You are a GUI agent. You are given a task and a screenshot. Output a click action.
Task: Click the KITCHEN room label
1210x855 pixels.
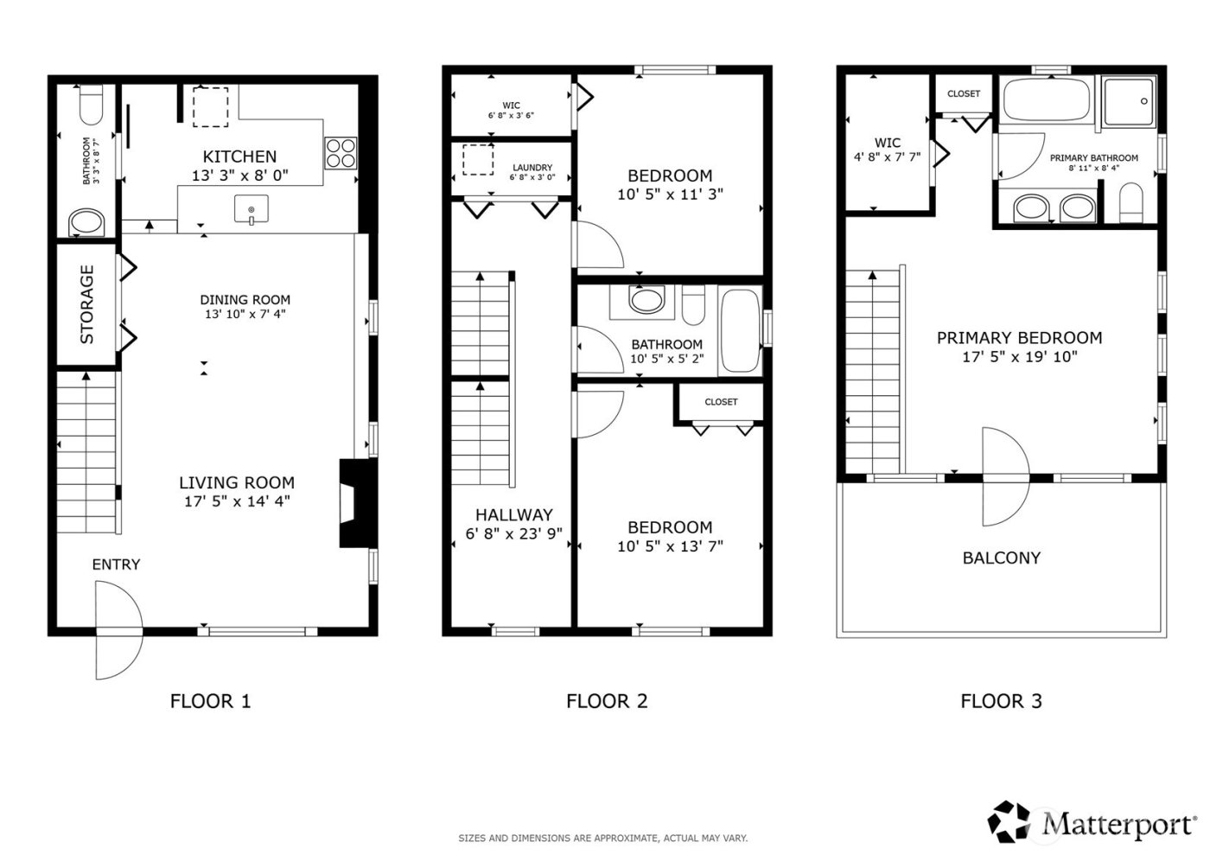pyautogui.click(x=239, y=156)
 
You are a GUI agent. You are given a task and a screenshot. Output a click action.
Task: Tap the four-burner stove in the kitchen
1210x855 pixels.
pyautogui.click(x=341, y=153)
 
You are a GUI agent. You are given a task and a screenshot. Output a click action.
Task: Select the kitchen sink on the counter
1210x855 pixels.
pyautogui.click(x=251, y=209)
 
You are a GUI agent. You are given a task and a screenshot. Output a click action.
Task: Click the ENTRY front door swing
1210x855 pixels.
pyautogui.click(x=117, y=629)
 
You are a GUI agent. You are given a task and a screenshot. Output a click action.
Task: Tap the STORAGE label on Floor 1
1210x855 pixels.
pyautogui.click(x=86, y=304)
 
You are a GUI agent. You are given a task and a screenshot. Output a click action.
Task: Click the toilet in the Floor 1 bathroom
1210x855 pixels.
pyautogui.click(x=90, y=105)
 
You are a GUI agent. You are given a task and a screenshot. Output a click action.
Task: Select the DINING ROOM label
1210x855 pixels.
pyautogui.click(x=245, y=300)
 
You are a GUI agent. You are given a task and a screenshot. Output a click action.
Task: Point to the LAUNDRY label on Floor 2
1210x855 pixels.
pyautogui.click(x=532, y=168)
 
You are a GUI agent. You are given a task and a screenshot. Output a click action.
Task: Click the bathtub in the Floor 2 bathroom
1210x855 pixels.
pyautogui.click(x=739, y=331)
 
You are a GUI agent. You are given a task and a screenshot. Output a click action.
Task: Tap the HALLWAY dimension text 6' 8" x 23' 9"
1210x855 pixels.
pyautogui.click(x=513, y=534)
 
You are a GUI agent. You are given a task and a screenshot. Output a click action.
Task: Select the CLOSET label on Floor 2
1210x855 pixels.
pyautogui.click(x=721, y=402)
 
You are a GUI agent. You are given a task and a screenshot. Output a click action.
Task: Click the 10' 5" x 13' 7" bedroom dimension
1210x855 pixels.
pyautogui.click(x=670, y=546)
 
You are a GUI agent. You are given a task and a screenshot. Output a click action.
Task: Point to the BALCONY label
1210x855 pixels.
pyautogui.click(x=1001, y=558)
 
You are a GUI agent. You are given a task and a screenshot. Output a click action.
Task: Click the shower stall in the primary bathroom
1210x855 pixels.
pyautogui.click(x=1128, y=104)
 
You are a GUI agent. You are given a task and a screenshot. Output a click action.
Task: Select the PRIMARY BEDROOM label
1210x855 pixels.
pyautogui.click(x=1019, y=338)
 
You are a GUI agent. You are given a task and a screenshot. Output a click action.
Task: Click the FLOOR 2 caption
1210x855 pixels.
pyautogui.click(x=607, y=701)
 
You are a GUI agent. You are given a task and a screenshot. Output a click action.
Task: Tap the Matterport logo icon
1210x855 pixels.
pyautogui.click(x=1009, y=821)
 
